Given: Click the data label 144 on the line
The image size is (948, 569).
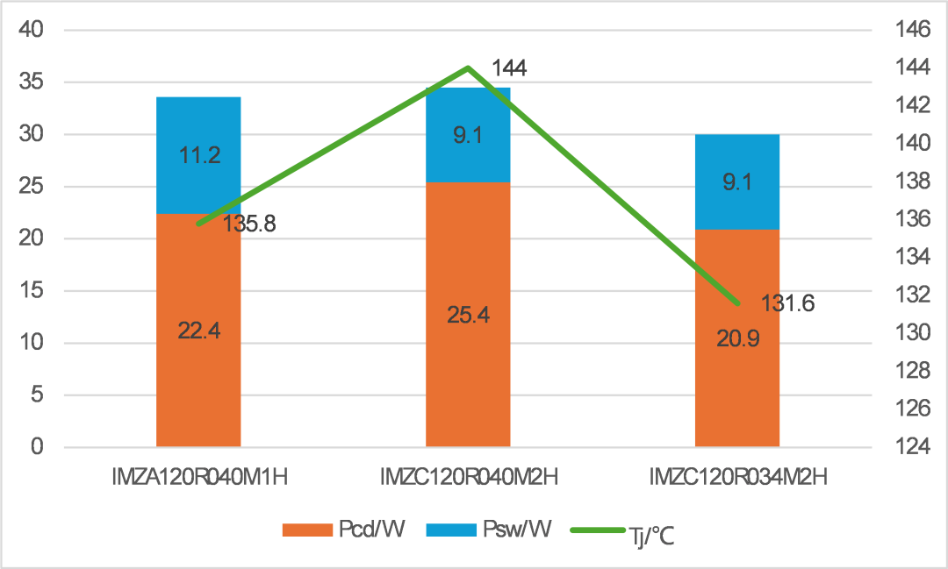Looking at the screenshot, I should tap(509, 68).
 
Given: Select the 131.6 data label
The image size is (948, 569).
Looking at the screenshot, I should tap(787, 303).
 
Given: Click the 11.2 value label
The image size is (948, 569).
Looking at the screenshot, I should tap(198, 156).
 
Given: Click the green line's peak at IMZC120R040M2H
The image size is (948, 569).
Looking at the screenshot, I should tap(468, 68).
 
